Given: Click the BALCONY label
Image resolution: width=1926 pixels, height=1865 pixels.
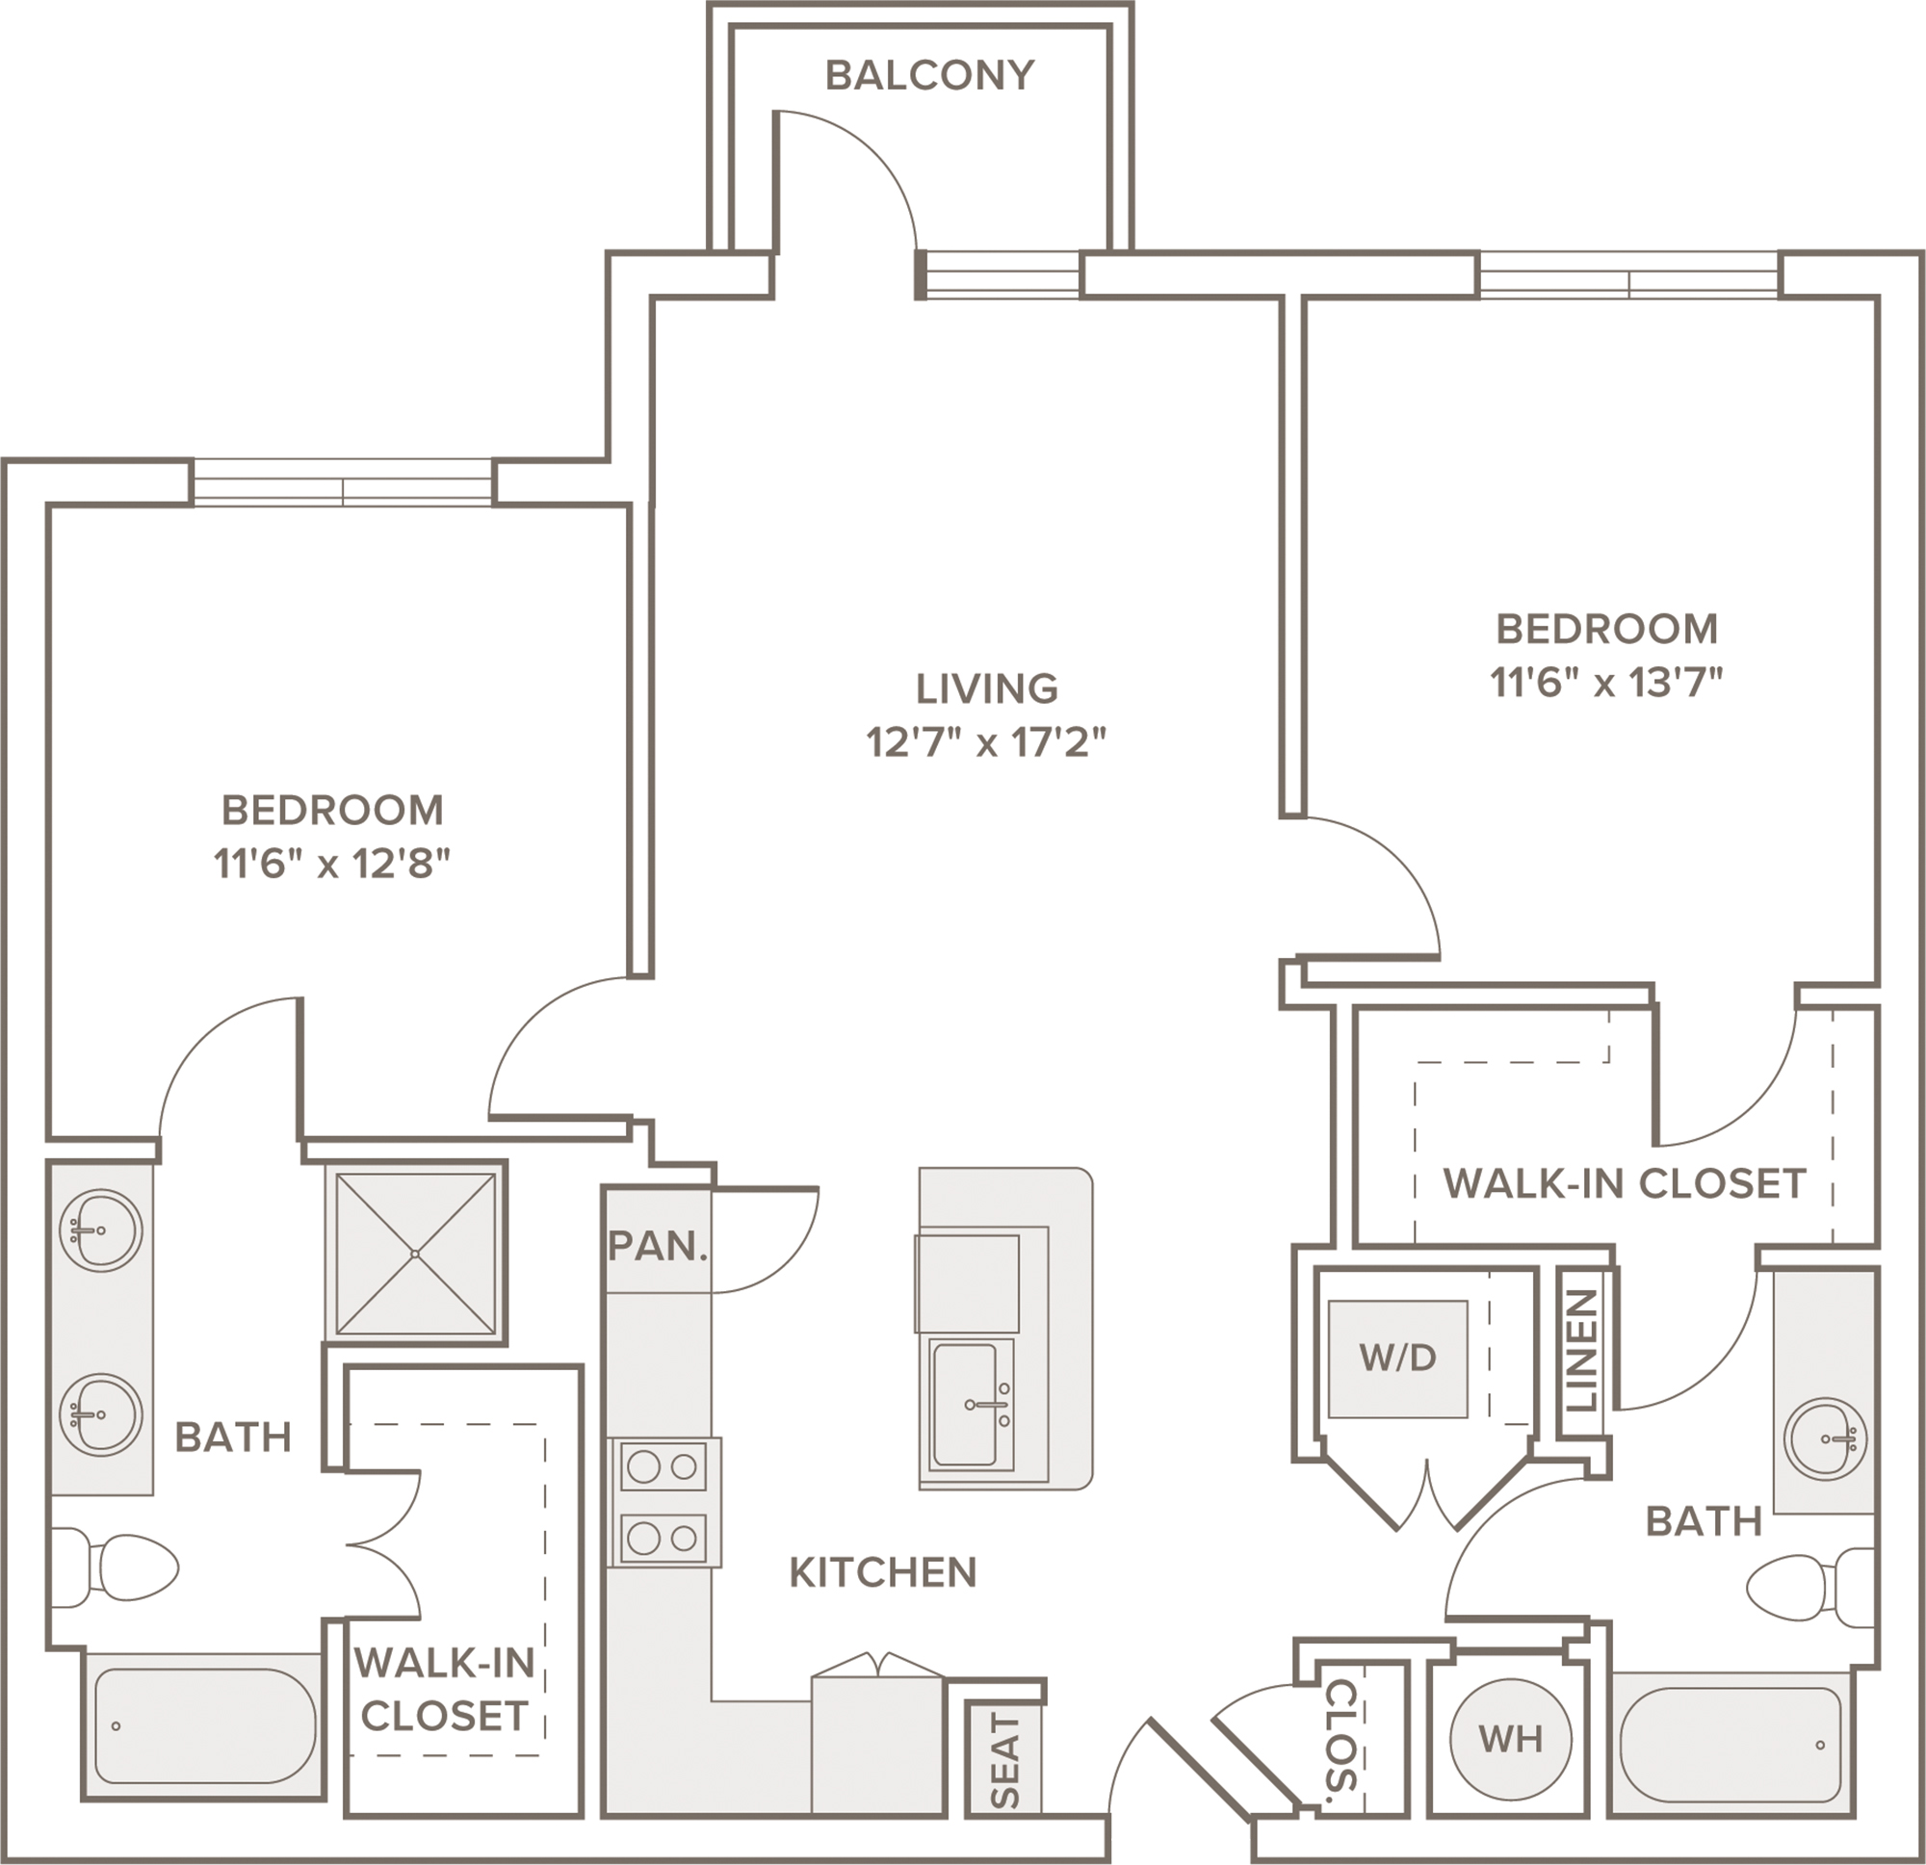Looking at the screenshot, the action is (x=929, y=76).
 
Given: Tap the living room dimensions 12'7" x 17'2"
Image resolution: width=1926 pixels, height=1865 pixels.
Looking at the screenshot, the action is (x=985, y=742).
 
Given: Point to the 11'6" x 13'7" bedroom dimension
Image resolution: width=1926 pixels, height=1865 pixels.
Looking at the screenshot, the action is (x=1606, y=682).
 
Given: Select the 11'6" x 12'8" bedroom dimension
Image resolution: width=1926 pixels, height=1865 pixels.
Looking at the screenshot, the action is (x=332, y=864).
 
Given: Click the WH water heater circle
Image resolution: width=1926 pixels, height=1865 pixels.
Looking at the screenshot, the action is (x=1510, y=1738).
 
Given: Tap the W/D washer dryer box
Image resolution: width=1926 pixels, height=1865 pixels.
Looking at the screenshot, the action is (x=1397, y=1359).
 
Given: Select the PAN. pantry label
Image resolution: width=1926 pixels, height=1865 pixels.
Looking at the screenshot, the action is (x=658, y=1246).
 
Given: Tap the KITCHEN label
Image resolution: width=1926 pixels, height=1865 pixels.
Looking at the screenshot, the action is (x=882, y=1572).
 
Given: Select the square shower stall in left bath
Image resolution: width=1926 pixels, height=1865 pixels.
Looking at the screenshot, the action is (x=416, y=1253).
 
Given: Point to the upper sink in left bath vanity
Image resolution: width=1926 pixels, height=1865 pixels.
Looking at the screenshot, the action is (x=100, y=1230).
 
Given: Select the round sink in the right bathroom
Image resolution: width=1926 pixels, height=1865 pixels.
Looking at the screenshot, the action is (x=1826, y=1438).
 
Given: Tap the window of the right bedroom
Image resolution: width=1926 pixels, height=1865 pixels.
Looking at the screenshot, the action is (x=1629, y=275).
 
